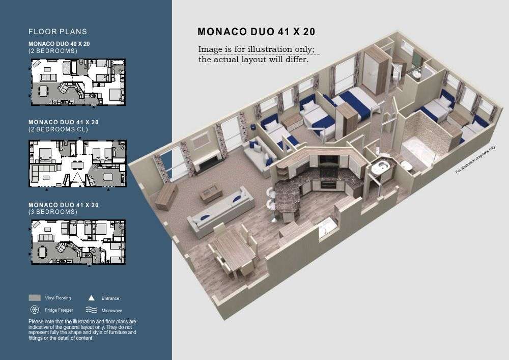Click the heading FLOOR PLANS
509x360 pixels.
point(58,32)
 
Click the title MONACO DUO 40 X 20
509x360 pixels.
point(59,44)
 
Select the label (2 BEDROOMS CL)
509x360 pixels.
point(59,129)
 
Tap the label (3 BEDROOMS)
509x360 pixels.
point(53,212)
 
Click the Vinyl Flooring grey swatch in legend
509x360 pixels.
point(35,298)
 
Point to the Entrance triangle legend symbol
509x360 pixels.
point(92,298)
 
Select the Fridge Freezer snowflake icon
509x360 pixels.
point(35,310)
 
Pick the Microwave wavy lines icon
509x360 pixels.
point(92,310)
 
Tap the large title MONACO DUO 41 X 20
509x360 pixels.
point(257,32)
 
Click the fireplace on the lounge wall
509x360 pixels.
point(208,160)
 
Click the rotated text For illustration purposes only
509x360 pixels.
point(475,159)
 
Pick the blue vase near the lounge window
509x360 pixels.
point(253,126)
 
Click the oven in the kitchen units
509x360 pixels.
point(328,185)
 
